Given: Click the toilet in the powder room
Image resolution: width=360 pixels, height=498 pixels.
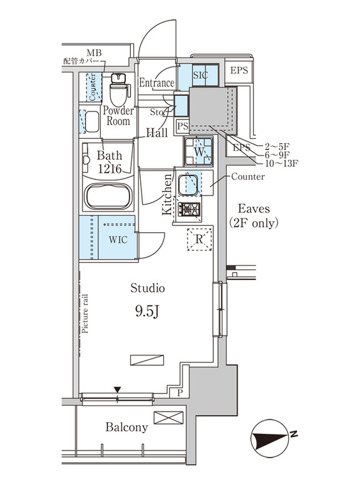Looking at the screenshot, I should tap(118, 91).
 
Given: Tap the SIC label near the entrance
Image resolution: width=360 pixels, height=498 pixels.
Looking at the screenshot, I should tap(200, 74).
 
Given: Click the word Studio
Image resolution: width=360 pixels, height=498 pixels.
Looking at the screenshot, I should tap(148, 288).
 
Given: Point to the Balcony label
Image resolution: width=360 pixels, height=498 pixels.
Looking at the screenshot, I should tap(126, 428).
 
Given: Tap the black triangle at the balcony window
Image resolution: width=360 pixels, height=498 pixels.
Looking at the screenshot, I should tap(116, 390).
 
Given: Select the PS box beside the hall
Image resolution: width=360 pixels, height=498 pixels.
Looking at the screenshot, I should tap(182, 126).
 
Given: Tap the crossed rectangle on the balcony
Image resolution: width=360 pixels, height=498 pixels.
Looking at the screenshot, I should tap(168, 418).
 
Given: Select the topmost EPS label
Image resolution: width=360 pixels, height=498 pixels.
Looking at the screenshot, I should tap(239, 70).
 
